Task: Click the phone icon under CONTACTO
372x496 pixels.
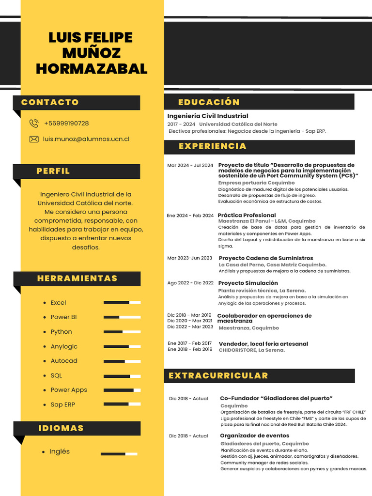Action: point(34,124)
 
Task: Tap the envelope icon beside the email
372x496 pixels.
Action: point(34,139)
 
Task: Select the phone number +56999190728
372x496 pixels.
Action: point(66,124)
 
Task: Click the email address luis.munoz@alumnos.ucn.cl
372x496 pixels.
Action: point(86,139)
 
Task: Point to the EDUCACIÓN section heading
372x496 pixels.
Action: point(209,102)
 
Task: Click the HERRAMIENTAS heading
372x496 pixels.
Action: point(77,279)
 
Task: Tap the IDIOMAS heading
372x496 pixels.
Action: point(61,428)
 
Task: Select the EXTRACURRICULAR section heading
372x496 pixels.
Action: point(218,376)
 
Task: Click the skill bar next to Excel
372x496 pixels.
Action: point(122,302)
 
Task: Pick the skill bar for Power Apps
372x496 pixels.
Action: point(122,390)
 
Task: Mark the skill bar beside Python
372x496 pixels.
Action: point(122,332)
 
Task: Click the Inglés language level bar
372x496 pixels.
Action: point(119,454)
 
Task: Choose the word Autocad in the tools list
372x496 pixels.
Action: point(64,361)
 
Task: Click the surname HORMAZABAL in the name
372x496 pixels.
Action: point(91,69)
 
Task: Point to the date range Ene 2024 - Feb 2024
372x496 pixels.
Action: point(190,216)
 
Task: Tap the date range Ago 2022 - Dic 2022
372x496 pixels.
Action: point(190,283)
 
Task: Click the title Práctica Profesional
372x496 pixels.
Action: point(247,215)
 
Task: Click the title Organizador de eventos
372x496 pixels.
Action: point(254,435)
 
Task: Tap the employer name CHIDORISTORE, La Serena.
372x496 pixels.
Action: point(251,350)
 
